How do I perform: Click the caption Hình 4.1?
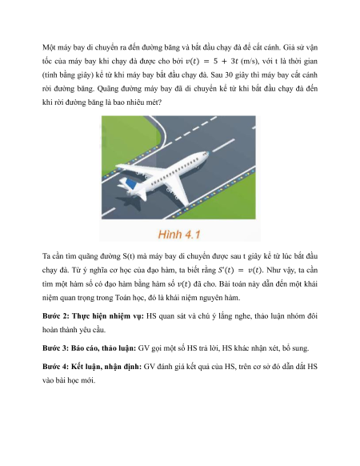pyautogui.click(x=179, y=234)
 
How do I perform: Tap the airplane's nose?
pyautogui.click(x=206, y=154)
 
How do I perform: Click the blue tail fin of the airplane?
pyautogui.click(x=130, y=183)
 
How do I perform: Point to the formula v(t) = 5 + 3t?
pyautogui.click(x=212, y=61)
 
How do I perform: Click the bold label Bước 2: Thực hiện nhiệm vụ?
pyautogui.click(x=93, y=316)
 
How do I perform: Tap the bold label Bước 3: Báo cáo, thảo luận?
pyautogui.click(x=89, y=348)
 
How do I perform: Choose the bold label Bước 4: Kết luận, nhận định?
pyautogui.click(x=92, y=367)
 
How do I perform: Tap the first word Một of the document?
pyautogui.click(x=49, y=47)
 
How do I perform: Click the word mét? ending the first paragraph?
pyautogui.click(x=153, y=102)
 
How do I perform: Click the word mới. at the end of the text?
pyautogui.click(x=87, y=380)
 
